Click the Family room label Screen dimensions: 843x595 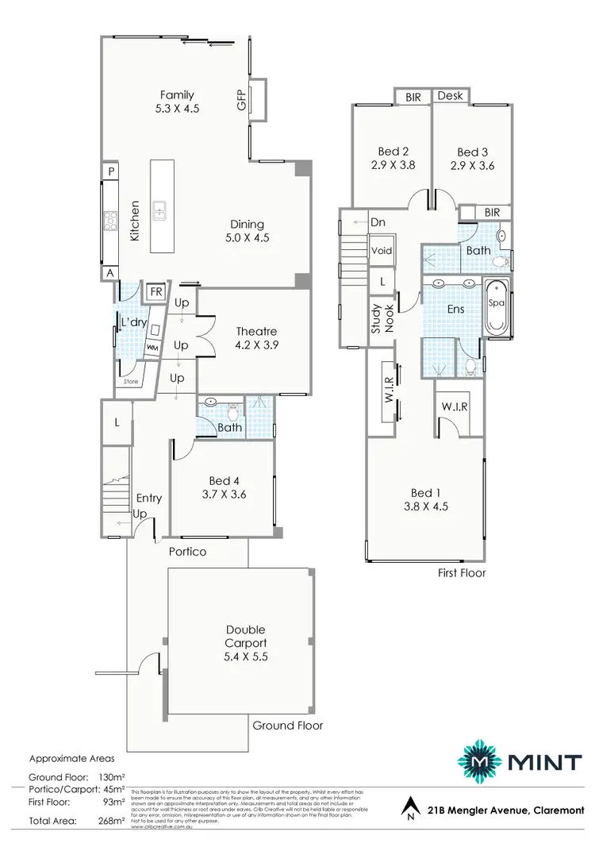[177, 95]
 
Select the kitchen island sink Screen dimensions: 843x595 [161, 210]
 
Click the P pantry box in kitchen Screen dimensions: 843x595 [112, 172]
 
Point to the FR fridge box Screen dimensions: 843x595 [156, 292]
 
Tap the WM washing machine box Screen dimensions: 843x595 [151, 348]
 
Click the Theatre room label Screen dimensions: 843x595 [255, 332]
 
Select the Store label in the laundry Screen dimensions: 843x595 [130, 382]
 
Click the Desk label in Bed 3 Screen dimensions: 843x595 [450, 96]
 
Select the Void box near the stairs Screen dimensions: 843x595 [382, 250]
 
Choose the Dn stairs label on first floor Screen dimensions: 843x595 [378, 223]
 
